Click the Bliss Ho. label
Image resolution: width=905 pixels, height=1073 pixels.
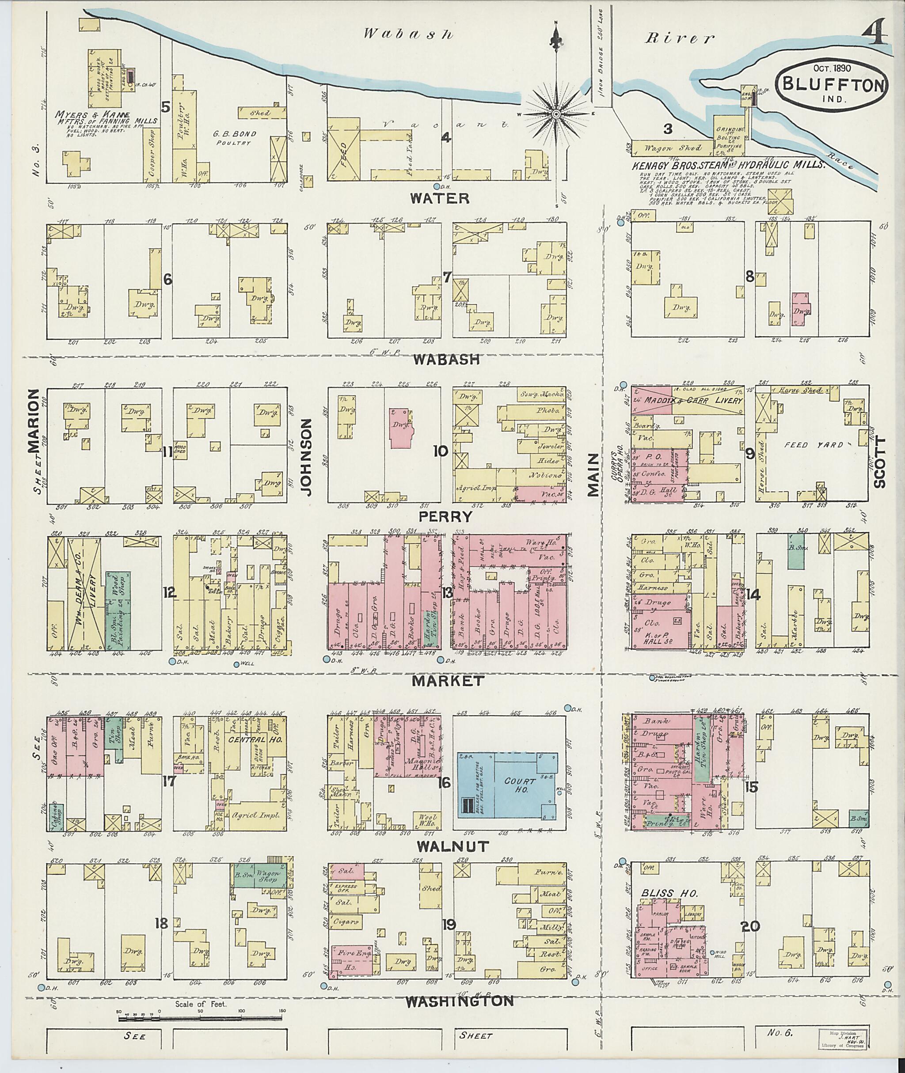tap(669, 893)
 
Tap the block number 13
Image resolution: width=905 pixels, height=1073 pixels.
tap(447, 593)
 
